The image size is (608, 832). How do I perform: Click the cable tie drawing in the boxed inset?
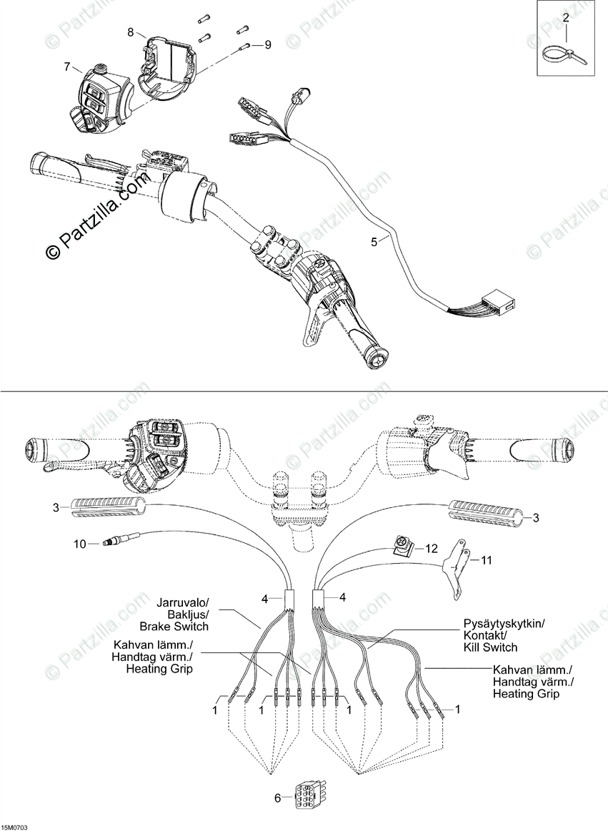click(564, 55)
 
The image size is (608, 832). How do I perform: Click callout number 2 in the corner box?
click(566, 18)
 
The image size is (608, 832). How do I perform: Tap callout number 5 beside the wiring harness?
click(374, 242)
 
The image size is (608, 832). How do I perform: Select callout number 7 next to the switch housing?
click(66, 67)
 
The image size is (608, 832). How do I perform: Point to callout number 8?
click(131, 32)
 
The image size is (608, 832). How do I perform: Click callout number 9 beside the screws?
click(268, 45)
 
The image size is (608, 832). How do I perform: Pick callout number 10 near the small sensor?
click(79, 544)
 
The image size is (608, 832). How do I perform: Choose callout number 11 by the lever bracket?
click(486, 560)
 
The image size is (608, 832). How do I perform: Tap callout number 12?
click(432, 548)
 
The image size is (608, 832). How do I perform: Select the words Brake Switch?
click(174, 627)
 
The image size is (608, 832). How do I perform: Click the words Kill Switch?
click(490, 647)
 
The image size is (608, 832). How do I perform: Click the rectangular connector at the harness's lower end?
click(498, 302)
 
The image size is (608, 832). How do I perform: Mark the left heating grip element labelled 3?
click(106, 507)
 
